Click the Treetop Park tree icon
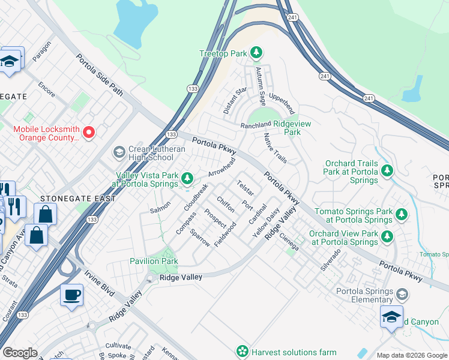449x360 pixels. click(256, 53)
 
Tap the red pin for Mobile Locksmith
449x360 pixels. click(89, 132)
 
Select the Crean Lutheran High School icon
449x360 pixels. click(118, 152)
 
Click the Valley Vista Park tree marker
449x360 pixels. click(187, 178)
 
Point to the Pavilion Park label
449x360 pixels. click(154, 261)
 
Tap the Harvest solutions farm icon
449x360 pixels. click(243, 351)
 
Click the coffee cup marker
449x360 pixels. click(71, 295)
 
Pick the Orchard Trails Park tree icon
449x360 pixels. click(387, 171)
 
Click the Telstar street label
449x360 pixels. click(246, 188)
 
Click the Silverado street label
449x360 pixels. click(330, 259)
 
